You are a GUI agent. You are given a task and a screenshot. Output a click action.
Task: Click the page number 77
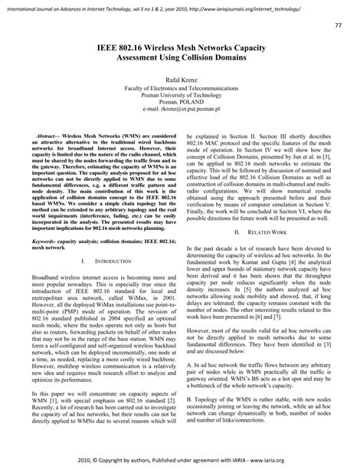point(338,26)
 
